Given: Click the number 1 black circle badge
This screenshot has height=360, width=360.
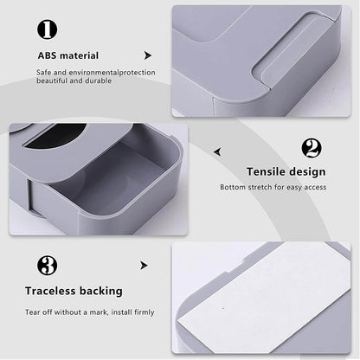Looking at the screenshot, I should point(48,29).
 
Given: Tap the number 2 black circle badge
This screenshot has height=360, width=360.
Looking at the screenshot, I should point(312,148).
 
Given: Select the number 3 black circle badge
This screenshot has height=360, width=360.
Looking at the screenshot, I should point(48,266).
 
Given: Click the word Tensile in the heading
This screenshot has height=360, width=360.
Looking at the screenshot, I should point(266,171).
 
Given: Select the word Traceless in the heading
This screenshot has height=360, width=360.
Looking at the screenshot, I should point(63,291).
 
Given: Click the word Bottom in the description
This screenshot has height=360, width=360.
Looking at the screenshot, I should point(233,187).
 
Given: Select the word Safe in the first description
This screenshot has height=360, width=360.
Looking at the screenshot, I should point(45,72).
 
